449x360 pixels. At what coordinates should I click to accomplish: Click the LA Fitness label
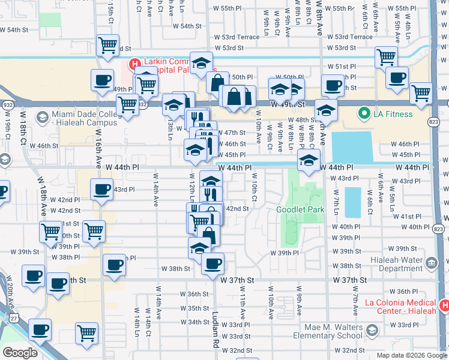coord(394,114)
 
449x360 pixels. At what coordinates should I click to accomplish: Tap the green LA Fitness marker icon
coord(363,113)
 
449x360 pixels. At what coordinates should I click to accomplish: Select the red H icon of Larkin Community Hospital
coord(136,63)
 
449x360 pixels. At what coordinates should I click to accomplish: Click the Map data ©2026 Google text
coord(411,355)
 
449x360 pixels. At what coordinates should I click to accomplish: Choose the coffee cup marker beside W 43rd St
coord(101,189)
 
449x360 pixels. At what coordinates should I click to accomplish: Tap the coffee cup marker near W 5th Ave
coord(396,77)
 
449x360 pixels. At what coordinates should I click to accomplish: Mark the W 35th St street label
coord(194,308)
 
